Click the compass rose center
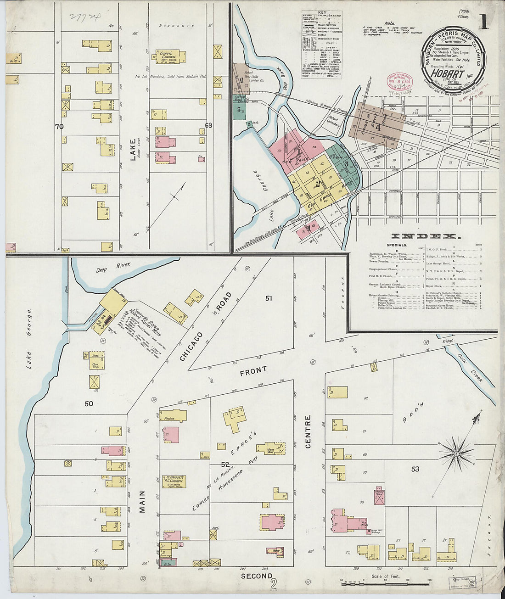pos(457,453)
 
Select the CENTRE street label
pos(308,431)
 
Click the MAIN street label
pos(142,501)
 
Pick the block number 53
pos(415,469)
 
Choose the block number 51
pos(269,298)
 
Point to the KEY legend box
pos(322,44)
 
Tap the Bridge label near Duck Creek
pos(448,341)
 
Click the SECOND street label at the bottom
pos(257,576)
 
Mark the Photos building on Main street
pos(173,416)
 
